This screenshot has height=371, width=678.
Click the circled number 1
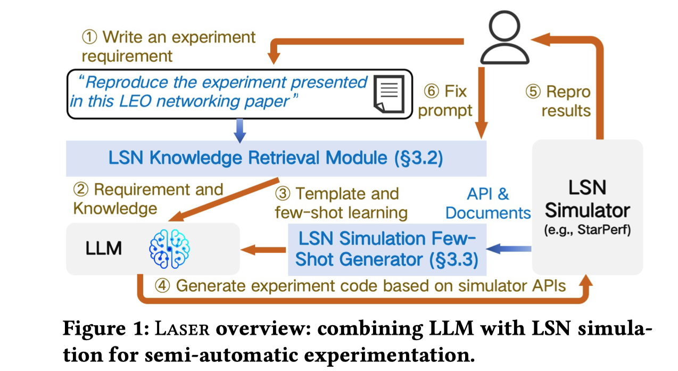click(89, 38)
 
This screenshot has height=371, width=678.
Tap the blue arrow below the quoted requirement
click(240, 130)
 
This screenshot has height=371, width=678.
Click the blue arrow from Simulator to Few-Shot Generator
click(511, 248)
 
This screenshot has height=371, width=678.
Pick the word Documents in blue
click(488, 212)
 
